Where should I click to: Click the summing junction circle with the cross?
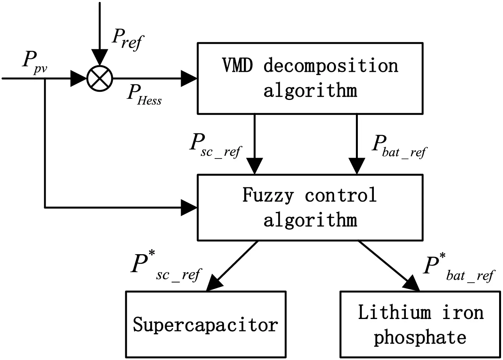pyautogui.click(x=100, y=78)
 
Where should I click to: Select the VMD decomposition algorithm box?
pyautogui.click(x=310, y=78)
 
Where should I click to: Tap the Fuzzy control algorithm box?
pyautogui.click(x=310, y=207)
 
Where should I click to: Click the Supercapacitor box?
pyautogui.click(x=206, y=324)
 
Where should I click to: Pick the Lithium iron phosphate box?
pyautogui.click(x=420, y=324)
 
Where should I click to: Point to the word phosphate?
pyautogui.click(x=420, y=337)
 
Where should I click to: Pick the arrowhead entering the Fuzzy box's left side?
pyautogui.click(x=190, y=207)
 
